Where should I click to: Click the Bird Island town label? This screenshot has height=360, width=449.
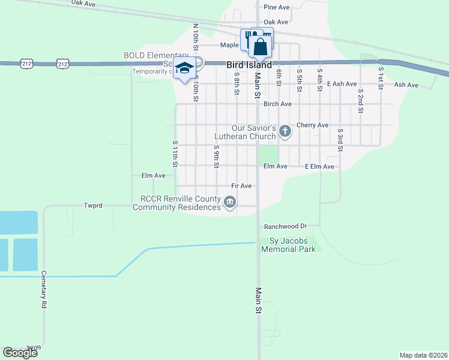(249, 65)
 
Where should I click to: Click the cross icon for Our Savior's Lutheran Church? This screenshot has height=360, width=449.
(285, 130)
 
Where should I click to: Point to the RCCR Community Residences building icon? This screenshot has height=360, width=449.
(229, 203)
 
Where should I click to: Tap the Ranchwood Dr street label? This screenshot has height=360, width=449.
(286, 226)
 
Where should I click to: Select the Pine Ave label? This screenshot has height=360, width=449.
(276, 7)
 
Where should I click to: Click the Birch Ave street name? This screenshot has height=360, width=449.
(277, 104)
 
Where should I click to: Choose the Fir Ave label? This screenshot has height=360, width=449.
(241, 186)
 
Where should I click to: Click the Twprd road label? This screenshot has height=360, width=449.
(93, 205)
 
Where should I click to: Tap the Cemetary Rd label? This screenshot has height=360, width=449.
(44, 289)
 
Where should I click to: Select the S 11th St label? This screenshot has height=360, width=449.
(175, 154)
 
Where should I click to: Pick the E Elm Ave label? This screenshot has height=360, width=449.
(319, 166)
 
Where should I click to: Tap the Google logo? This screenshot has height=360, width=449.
(20, 353)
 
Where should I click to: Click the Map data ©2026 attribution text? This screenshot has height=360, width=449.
(423, 355)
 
